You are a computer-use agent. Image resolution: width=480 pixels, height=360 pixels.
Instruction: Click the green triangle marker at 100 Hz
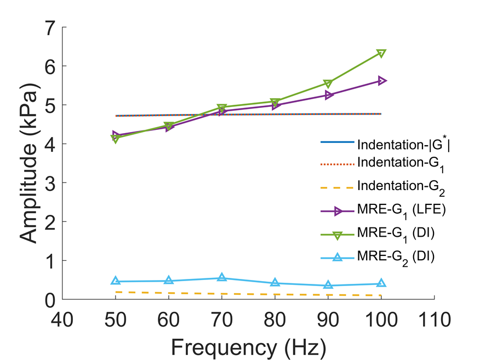[x=381, y=53]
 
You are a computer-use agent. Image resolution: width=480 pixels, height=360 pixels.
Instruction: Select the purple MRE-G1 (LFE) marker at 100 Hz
[x=381, y=81]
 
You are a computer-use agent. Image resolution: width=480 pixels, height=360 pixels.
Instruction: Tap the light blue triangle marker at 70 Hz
[x=222, y=278]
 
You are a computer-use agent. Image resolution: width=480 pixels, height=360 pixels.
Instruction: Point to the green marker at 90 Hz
[x=328, y=83]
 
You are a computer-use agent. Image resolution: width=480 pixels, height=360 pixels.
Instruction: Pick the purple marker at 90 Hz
[x=328, y=95]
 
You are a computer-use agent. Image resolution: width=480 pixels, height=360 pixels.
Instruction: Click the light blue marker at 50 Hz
[x=116, y=281]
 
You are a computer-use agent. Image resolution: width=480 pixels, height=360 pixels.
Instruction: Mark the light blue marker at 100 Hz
[x=381, y=283]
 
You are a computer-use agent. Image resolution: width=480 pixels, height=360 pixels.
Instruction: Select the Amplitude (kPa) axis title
[x=28, y=163]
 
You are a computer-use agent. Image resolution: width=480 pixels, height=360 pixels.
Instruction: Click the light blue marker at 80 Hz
[x=275, y=283]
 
